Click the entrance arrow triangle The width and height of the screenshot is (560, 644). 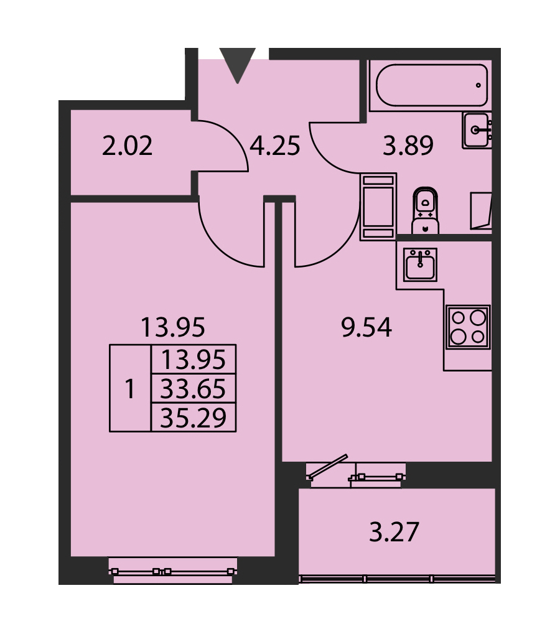(x=238, y=63)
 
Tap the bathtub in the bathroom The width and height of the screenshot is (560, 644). (x=431, y=85)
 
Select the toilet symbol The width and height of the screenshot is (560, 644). (x=425, y=211)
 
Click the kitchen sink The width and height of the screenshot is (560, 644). (x=420, y=265)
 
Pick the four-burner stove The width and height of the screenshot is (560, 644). (x=468, y=327)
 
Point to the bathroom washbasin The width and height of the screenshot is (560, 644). (x=477, y=130)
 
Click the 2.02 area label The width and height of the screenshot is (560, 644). (x=127, y=146)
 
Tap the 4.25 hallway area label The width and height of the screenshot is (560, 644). (x=275, y=146)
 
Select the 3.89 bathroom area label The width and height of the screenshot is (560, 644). (x=408, y=146)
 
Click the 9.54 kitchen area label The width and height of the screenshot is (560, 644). (x=366, y=327)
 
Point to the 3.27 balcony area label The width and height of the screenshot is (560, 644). (x=394, y=532)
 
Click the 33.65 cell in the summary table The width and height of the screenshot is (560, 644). (x=193, y=388)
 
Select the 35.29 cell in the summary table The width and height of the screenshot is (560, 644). (x=193, y=418)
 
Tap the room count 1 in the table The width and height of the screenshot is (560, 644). (x=130, y=388)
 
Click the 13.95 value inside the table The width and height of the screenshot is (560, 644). (x=193, y=360)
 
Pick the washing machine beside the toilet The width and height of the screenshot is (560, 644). (x=378, y=207)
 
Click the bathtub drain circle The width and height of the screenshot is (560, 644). (x=478, y=85)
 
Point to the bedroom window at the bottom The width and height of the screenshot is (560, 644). (x=173, y=571)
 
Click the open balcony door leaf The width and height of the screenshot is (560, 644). (x=327, y=467)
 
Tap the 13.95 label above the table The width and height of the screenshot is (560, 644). (x=172, y=327)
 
